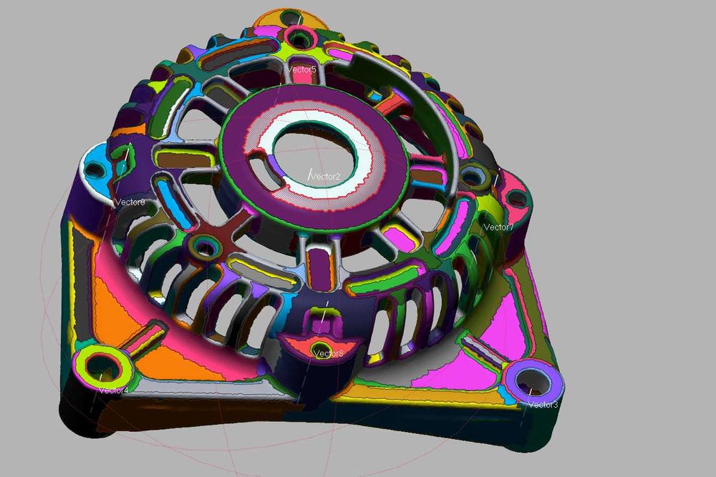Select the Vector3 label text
point(543,405)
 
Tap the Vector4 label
point(114,390)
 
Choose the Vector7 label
point(498,227)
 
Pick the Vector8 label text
point(328,353)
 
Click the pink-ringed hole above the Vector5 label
point(296,36)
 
